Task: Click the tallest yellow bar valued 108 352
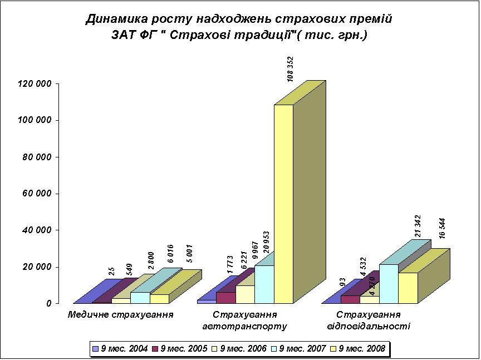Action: (x=283, y=204)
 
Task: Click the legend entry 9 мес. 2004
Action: (x=120, y=349)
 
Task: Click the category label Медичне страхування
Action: (x=120, y=314)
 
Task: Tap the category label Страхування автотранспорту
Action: (x=246, y=319)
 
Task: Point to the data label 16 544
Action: (x=443, y=228)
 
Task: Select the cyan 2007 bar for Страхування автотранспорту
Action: (x=264, y=284)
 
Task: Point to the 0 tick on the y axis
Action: (x=49, y=304)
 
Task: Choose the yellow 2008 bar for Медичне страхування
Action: (x=159, y=299)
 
